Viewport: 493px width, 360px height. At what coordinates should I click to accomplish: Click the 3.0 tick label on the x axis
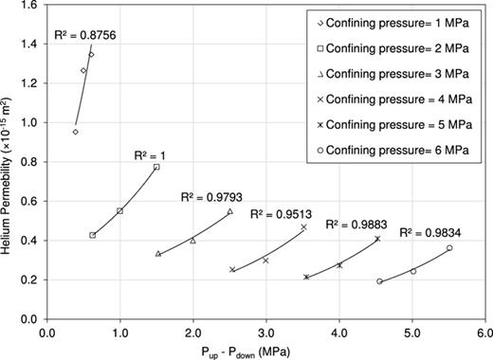[265, 332]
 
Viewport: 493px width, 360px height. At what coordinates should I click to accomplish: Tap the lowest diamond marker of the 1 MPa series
[75, 132]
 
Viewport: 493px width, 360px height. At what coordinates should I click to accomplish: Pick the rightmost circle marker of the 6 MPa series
[449, 248]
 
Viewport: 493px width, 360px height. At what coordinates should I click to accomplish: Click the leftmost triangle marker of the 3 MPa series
[157, 254]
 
